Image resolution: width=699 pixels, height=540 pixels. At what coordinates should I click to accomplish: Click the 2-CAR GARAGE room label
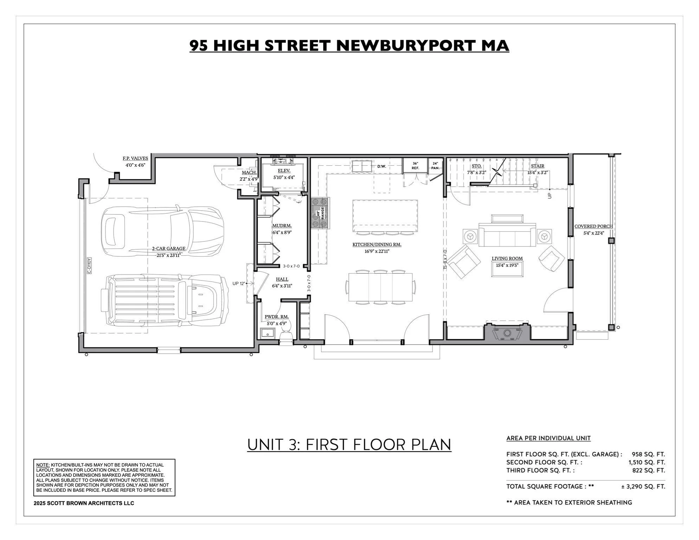(168, 249)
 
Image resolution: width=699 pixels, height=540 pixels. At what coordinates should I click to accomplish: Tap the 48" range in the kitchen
(320, 213)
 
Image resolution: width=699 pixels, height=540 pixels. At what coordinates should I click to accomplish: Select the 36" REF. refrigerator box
(415, 166)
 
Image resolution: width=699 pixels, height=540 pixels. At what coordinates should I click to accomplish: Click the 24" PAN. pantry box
(435, 166)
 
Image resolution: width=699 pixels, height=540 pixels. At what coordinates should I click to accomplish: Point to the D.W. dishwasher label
(381, 166)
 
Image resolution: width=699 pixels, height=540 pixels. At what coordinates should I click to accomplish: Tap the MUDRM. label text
(282, 226)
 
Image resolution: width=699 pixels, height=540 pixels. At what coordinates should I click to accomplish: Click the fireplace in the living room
(507, 333)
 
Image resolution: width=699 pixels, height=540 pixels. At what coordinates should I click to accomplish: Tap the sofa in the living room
(507, 235)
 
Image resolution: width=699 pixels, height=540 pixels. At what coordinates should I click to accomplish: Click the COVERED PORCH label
(593, 226)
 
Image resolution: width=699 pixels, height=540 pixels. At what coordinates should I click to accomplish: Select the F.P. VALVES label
(135, 159)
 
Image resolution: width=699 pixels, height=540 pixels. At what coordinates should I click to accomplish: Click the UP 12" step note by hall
(238, 283)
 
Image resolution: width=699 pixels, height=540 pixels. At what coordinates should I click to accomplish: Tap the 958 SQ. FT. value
(648, 454)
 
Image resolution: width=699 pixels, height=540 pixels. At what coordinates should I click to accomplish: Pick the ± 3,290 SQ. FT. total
(643, 487)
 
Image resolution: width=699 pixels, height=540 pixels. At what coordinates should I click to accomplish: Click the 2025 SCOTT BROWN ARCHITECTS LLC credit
(84, 503)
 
